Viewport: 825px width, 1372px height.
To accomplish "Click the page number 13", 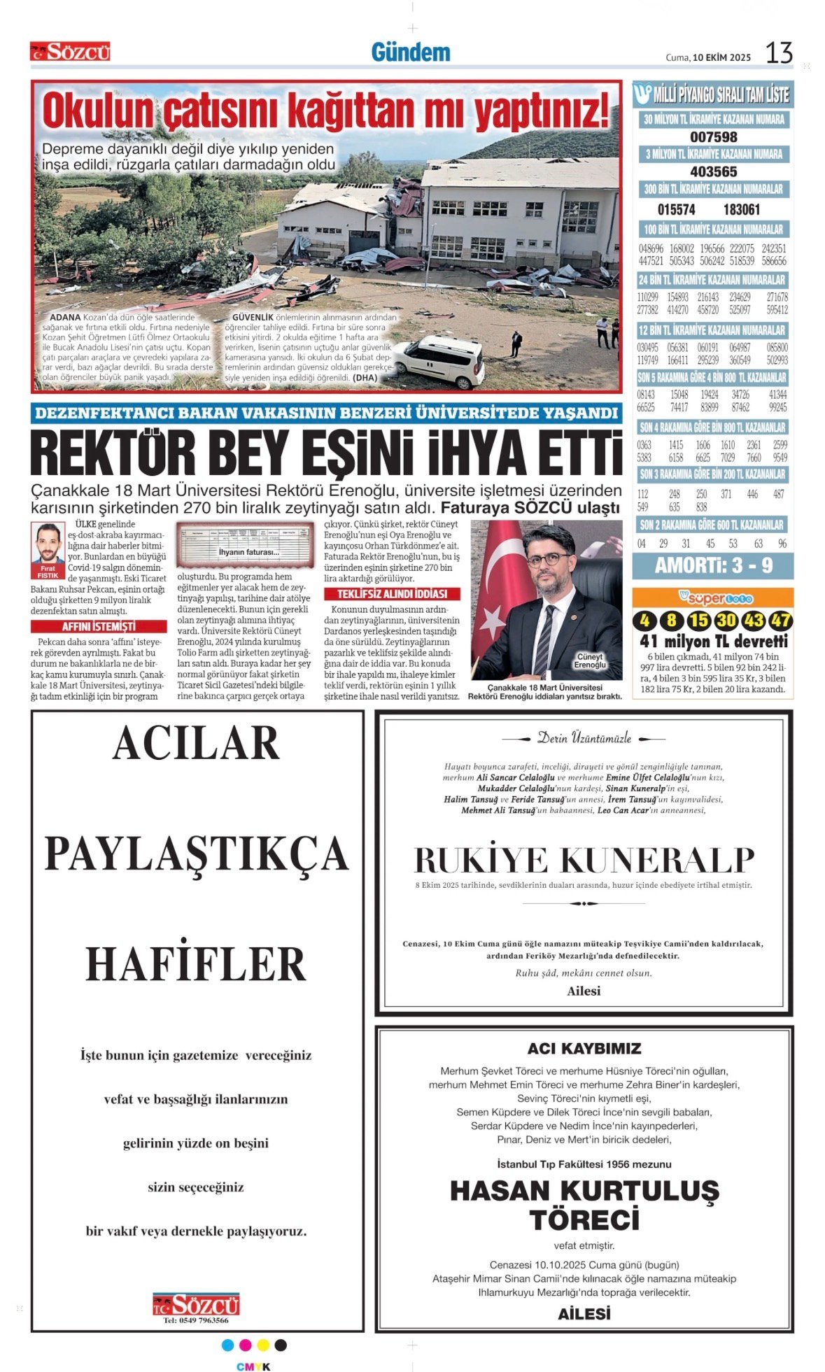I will (x=779, y=53).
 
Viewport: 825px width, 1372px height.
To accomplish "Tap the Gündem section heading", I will (x=411, y=52).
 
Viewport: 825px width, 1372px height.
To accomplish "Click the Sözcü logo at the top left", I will (x=70, y=52).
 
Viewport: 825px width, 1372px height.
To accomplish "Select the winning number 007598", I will (x=713, y=137).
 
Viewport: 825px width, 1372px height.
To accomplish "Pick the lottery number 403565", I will (x=713, y=171).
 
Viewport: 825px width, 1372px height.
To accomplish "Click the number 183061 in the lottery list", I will (x=741, y=209).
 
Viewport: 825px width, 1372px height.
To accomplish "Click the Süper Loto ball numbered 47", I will (x=781, y=620).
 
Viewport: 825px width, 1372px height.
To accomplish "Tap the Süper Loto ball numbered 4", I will (x=644, y=620).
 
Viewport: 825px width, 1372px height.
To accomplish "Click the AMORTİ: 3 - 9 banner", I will (x=713, y=565).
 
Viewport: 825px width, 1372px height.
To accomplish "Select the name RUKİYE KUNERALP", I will (x=584, y=860).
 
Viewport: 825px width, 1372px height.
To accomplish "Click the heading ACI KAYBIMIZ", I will (x=584, y=1048).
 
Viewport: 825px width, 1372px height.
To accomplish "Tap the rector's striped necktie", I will (x=544, y=637).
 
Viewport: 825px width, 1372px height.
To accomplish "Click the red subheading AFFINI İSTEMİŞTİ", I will (x=99, y=626).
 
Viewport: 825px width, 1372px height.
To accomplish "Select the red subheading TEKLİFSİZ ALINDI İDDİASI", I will (x=392, y=594).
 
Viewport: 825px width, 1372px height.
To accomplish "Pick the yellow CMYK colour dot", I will (x=263, y=1345).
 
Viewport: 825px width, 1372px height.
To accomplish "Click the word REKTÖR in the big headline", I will (x=105, y=454).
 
